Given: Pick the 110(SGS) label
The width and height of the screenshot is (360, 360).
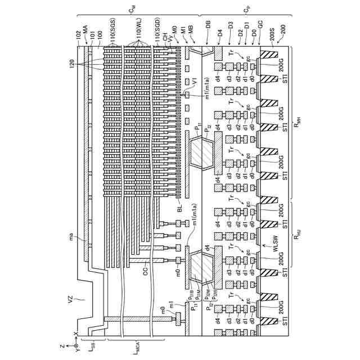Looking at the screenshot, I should coord(111,32).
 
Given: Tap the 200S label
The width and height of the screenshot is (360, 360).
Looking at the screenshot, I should coord(272,33).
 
